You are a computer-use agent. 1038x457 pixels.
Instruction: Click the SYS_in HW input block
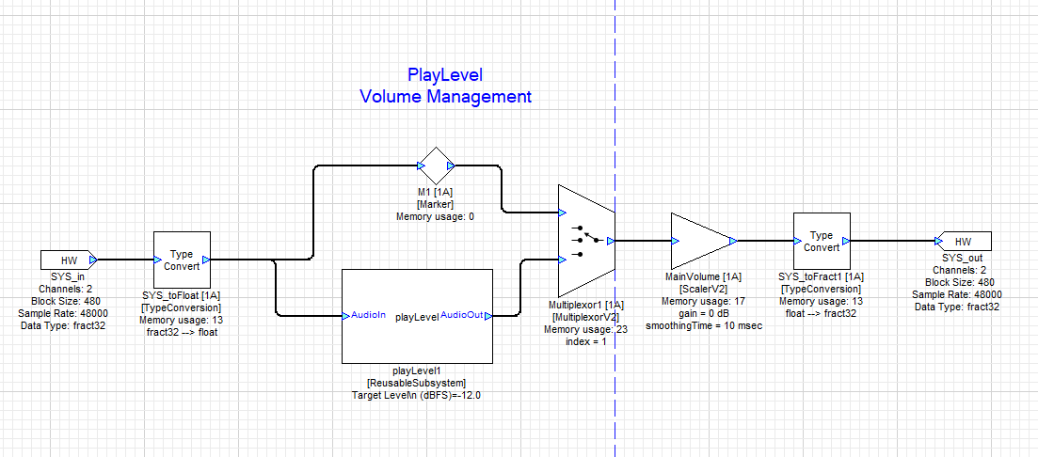click(67, 259)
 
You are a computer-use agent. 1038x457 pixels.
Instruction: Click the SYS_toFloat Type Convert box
click(182, 260)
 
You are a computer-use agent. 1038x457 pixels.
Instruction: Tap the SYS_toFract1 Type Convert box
click(821, 240)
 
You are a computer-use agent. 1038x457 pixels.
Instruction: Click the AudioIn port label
click(368, 316)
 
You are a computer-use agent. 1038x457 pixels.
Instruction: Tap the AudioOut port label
click(462, 316)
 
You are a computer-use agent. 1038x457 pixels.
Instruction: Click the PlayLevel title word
click(445, 75)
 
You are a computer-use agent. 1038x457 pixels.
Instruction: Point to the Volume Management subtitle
click(445, 96)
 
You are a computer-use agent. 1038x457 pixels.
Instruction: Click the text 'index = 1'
click(586, 341)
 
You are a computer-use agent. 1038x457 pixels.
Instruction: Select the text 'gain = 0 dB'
click(703, 313)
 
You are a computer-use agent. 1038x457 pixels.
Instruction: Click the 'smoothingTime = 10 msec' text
click(703, 325)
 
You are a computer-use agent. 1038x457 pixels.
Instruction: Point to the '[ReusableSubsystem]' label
click(418, 384)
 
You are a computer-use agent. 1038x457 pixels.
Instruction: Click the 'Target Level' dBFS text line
click(418, 396)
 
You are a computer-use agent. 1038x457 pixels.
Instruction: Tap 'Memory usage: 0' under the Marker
click(436, 216)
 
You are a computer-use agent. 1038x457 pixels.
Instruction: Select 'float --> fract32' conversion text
click(821, 313)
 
